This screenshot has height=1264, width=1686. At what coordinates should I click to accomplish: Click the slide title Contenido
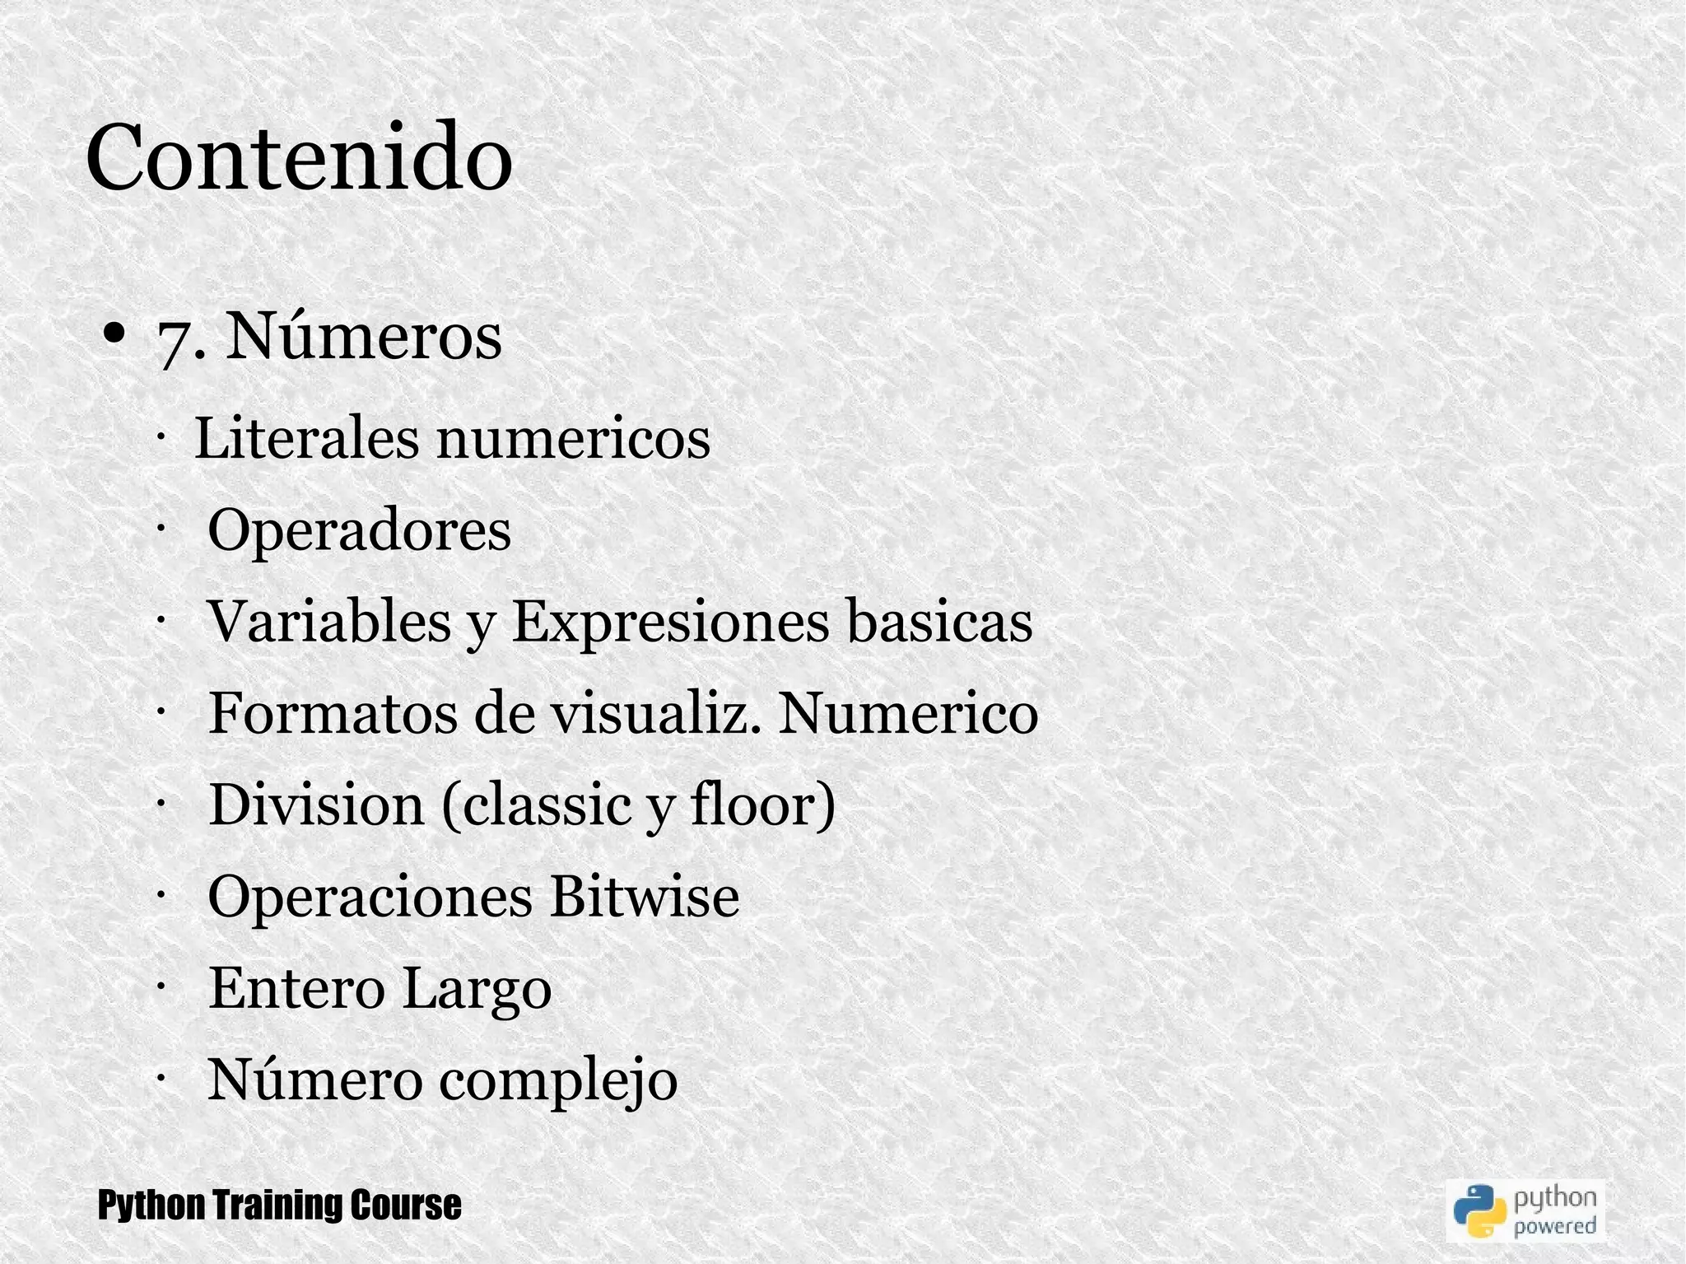(299, 157)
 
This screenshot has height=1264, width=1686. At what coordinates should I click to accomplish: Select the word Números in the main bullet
(363, 336)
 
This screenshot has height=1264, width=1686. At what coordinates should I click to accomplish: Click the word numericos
(573, 439)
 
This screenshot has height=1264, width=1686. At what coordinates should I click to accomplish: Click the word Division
(316, 805)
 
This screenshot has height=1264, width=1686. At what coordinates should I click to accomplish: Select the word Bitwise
(645, 896)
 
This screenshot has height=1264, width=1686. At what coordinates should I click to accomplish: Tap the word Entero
(296, 988)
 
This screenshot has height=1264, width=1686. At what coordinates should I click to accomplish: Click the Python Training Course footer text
(280, 1206)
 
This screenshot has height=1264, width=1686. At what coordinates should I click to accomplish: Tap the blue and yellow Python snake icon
(1479, 1210)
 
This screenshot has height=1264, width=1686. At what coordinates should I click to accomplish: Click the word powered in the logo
(1555, 1226)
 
